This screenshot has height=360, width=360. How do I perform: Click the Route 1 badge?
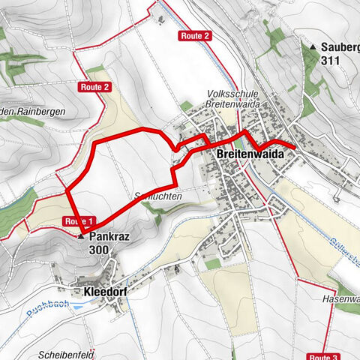coord(79,221)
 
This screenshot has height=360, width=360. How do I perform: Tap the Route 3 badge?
coord(325,356)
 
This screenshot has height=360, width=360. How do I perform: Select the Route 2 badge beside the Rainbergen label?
coord(96,87)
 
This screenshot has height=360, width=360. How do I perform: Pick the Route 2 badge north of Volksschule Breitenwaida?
coord(194,36)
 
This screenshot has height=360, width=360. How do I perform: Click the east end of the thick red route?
coord(293,149)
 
